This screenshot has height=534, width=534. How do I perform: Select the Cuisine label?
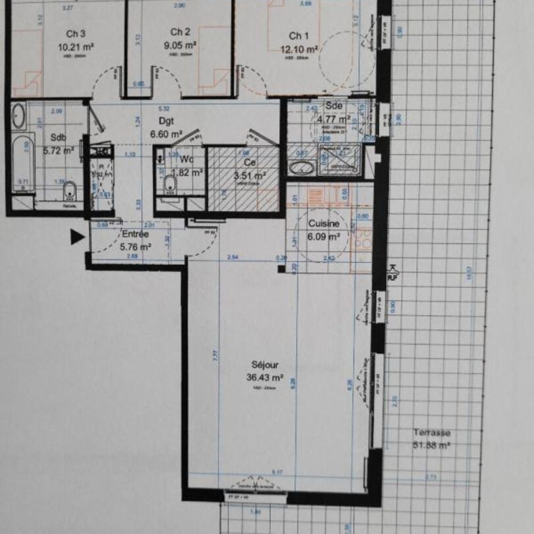click(x=324, y=224)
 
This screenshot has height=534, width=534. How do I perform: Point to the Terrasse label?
click(x=431, y=433)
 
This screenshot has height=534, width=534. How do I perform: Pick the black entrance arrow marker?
click(x=77, y=237)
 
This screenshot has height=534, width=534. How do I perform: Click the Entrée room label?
click(x=136, y=234)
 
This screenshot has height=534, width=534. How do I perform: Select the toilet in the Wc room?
click(x=170, y=185)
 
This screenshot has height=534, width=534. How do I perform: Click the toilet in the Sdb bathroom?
click(x=70, y=190)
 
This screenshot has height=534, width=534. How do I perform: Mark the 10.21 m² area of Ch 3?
click(x=76, y=46)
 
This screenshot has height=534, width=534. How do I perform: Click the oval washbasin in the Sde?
click(x=302, y=168)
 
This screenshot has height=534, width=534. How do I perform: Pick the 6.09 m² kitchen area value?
click(x=324, y=237)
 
